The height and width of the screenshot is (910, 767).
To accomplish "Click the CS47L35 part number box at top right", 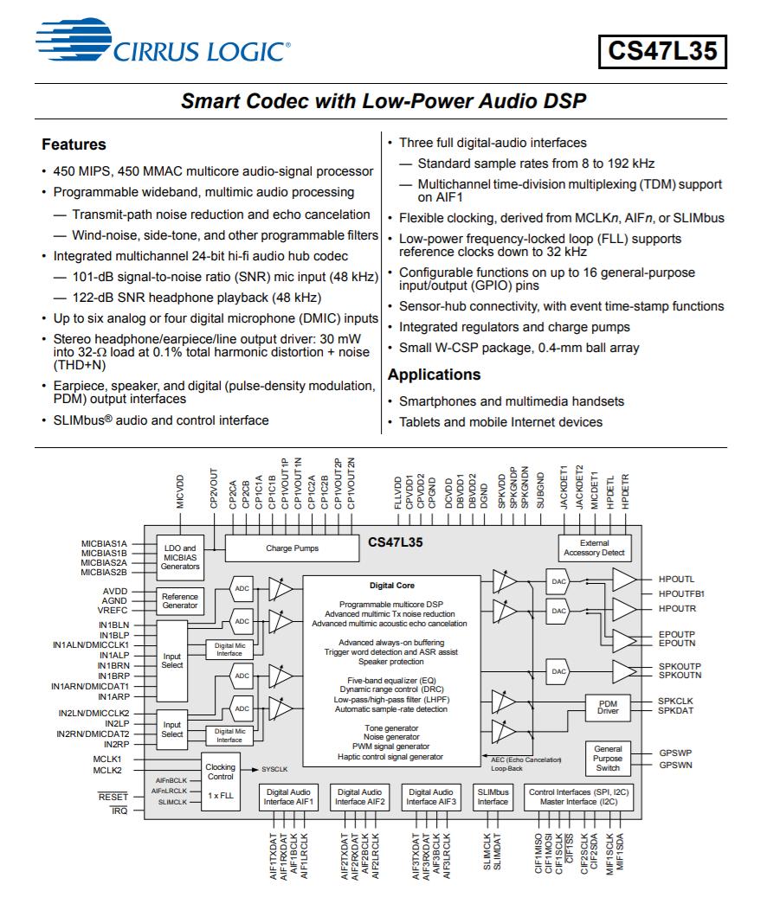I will [x=662, y=51].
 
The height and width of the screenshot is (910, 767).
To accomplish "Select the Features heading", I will [x=74, y=144].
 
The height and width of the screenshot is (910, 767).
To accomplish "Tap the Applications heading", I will [x=434, y=375].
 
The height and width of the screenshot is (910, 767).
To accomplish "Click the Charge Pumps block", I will [x=291, y=548].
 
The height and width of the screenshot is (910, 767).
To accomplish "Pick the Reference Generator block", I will [x=180, y=600].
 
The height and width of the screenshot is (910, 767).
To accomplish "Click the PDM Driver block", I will [x=608, y=708].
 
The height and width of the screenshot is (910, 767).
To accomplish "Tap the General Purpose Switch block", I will [x=608, y=758].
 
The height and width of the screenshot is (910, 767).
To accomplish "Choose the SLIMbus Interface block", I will [x=493, y=797].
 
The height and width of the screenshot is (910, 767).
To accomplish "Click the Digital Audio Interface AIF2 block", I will [x=360, y=797].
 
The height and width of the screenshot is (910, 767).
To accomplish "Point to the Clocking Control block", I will [x=221, y=772].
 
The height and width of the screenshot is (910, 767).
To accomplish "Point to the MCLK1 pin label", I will [x=107, y=758].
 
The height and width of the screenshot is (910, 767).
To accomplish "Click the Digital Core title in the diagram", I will [x=390, y=586].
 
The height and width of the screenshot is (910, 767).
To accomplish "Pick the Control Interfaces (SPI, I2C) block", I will [x=580, y=797].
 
